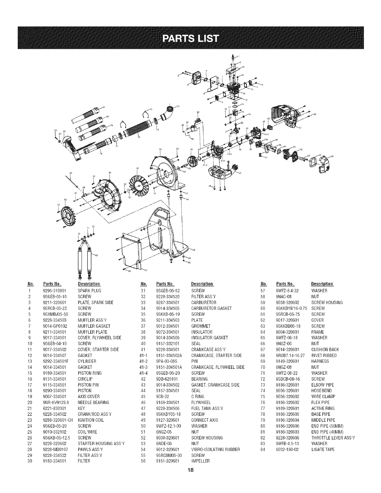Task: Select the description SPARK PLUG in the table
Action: click(x=89, y=291)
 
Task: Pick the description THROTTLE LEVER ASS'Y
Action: click(x=333, y=438)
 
